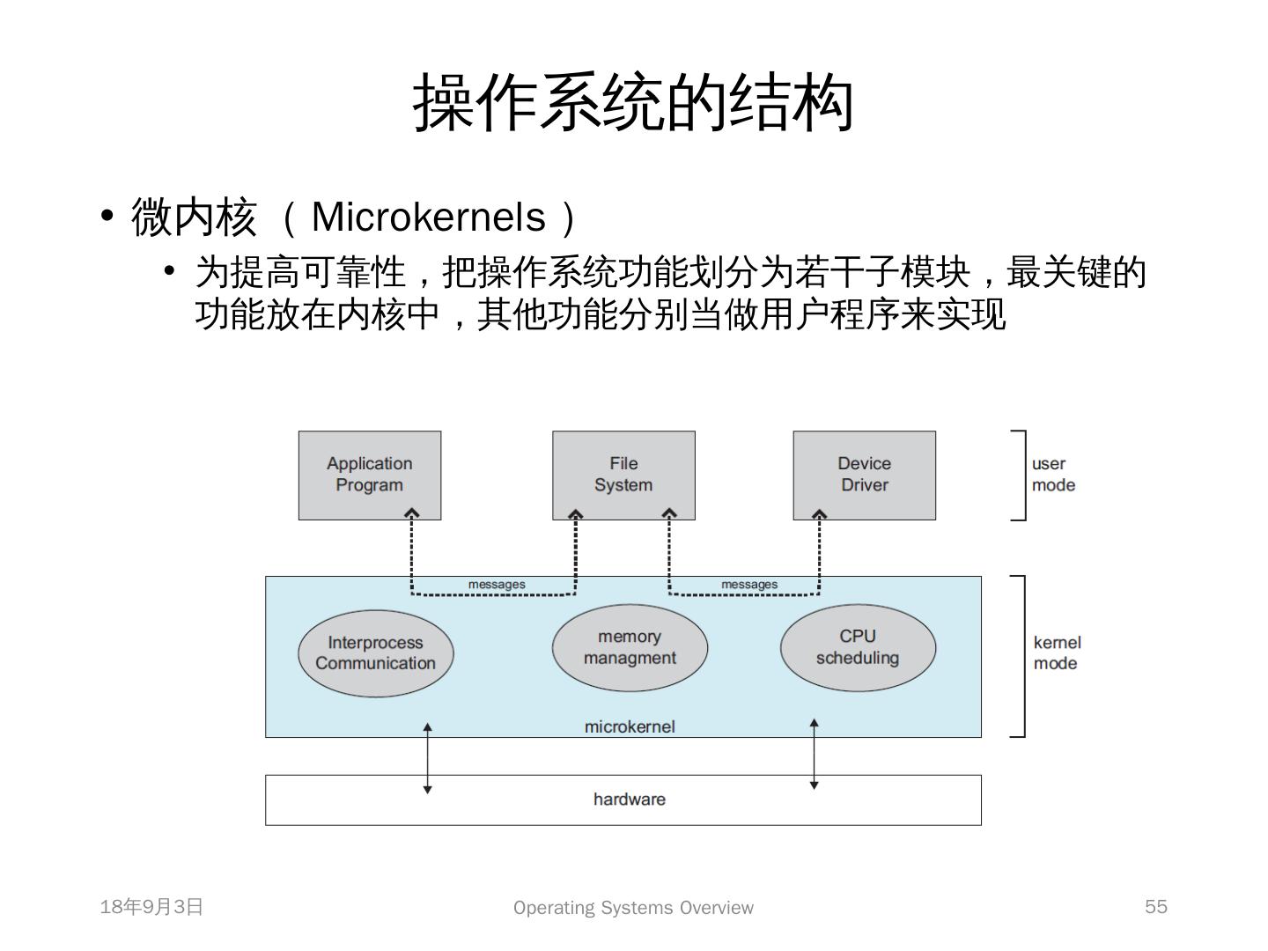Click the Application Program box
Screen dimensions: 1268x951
point(370,475)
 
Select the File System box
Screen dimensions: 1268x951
point(623,475)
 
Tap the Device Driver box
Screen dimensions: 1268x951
point(864,475)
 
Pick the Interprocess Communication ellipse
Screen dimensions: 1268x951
point(375,653)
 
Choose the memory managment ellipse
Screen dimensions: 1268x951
point(630,647)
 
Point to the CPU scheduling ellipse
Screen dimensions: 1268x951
point(858,647)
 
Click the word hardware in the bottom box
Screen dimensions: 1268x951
point(629,800)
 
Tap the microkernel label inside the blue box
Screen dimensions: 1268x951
point(629,726)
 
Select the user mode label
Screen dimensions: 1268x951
point(1053,474)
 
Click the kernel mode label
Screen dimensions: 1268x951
point(1057,653)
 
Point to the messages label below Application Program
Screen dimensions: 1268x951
point(497,585)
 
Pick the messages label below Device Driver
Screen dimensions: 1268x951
point(749,585)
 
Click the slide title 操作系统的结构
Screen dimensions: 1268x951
point(633,102)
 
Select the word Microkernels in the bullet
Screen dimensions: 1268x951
point(428,217)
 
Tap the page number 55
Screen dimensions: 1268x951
point(1156,906)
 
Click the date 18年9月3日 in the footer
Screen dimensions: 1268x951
point(151,907)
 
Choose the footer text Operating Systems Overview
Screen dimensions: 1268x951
point(633,907)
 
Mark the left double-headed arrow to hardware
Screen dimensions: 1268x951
point(427,758)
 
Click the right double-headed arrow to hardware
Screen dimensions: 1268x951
point(814,754)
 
